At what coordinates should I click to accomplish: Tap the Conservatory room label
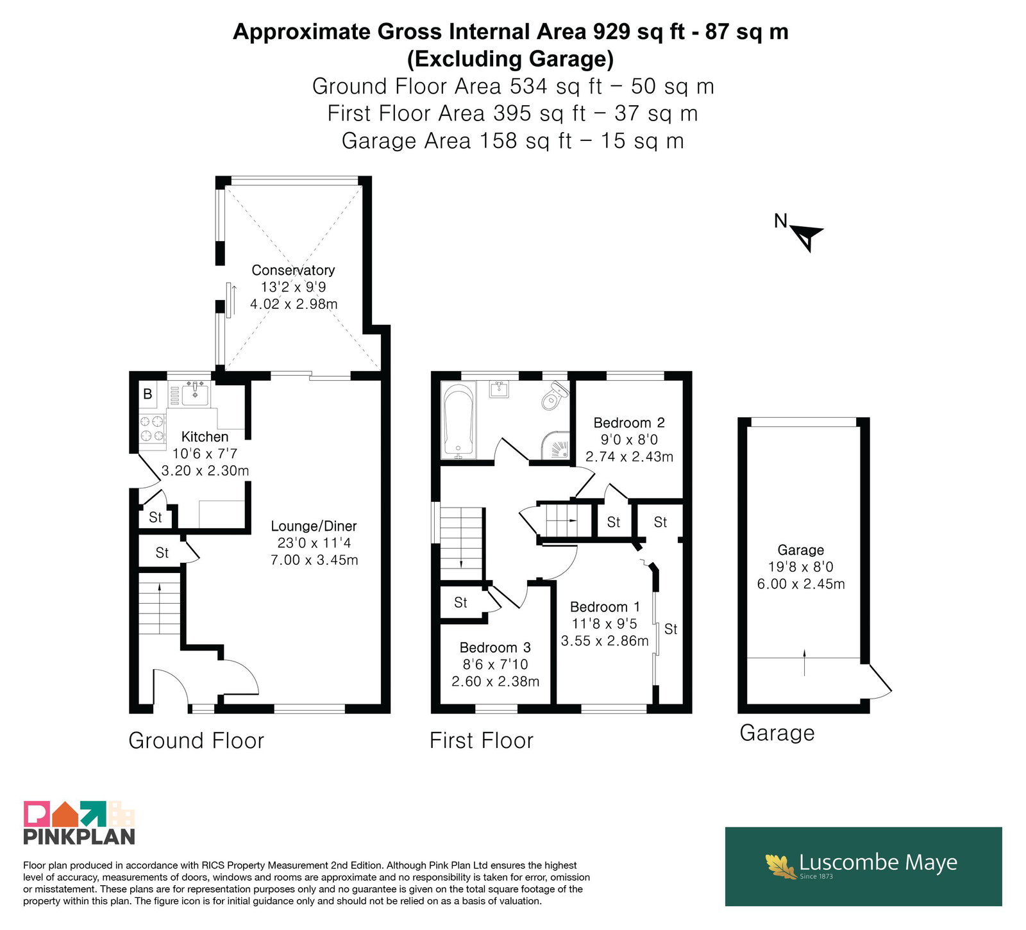[x=293, y=270]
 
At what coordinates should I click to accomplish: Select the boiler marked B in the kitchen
[x=147, y=394]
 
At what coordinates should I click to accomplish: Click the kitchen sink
[x=194, y=394]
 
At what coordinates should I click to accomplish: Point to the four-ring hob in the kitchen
[x=153, y=429]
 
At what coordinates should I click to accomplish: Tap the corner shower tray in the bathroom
[x=555, y=445]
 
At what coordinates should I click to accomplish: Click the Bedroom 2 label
[x=629, y=423]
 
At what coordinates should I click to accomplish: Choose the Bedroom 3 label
[x=495, y=647]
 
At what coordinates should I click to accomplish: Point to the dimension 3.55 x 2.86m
[x=605, y=640]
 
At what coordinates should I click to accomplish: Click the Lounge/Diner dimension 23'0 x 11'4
[x=314, y=543]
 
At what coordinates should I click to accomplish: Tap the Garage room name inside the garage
[x=801, y=550]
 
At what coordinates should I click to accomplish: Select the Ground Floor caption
[x=196, y=741]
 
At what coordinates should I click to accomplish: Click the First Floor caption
[x=482, y=741]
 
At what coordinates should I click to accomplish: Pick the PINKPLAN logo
[x=80, y=823]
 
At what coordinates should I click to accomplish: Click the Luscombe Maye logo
[x=863, y=866]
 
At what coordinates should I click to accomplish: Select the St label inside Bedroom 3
[x=460, y=602]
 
